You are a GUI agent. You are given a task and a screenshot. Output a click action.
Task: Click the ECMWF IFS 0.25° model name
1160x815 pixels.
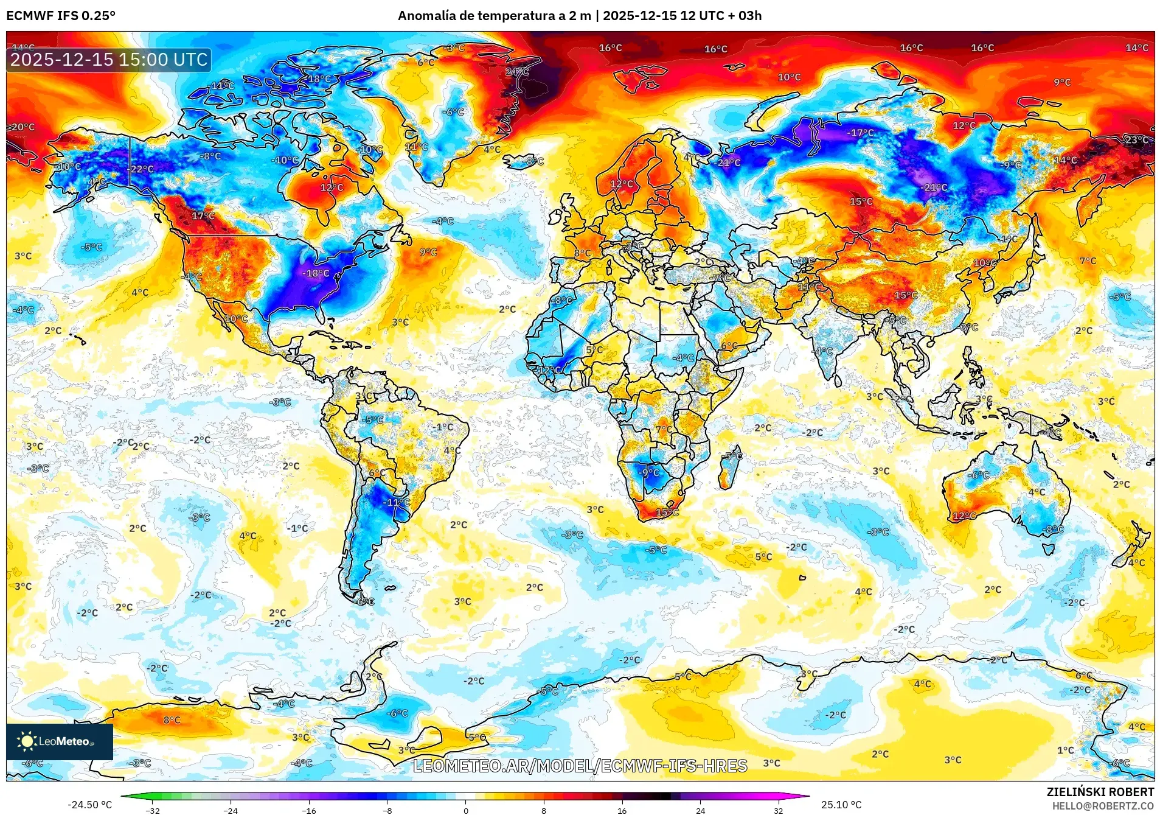pyautogui.click(x=61, y=16)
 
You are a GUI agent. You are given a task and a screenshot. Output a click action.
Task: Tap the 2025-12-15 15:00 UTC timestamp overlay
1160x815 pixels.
pyautogui.click(x=109, y=60)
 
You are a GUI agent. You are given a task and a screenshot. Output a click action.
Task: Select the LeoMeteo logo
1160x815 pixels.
pyautogui.click(x=59, y=741)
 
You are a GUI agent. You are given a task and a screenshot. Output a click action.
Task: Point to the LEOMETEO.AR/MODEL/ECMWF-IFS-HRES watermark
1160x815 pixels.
pyautogui.click(x=580, y=766)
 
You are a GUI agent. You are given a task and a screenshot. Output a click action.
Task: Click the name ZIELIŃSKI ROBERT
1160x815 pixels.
pyautogui.click(x=1100, y=792)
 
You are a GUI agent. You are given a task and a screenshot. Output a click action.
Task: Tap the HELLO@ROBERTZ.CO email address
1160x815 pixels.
pyautogui.click(x=1103, y=806)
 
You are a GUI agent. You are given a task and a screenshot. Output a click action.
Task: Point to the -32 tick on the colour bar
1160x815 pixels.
pyautogui.click(x=153, y=810)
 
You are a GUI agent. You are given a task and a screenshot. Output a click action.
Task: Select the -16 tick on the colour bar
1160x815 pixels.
pyautogui.click(x=309, y=810)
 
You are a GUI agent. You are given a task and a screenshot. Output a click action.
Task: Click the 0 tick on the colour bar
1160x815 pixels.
pyautogui.click(x=466, y=810)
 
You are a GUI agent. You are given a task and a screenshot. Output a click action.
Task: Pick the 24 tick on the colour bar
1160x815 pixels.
pyautogui.click(x=701, y=810)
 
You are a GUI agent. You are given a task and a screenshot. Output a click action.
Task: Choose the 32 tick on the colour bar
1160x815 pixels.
pyautogui.click(x=779, y=810)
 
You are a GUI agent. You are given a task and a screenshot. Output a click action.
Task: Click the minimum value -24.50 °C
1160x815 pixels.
pyautogui.click(x=89, y=805)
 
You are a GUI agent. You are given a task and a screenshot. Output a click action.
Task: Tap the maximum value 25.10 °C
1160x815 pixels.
pyautogui.click(x=841, y=805)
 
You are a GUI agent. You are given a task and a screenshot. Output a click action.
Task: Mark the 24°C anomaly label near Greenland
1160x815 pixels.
pyautogui.click(x=517, y=72)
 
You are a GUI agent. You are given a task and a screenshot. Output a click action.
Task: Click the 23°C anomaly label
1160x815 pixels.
pyautogui.click(x=1136, y=140)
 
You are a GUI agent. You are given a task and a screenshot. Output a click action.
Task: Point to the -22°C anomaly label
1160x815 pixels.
pyautogui.click(x=141, y=169)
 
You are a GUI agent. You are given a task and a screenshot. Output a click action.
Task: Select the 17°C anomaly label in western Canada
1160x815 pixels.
pyautogui.click(x=203, y=215)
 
